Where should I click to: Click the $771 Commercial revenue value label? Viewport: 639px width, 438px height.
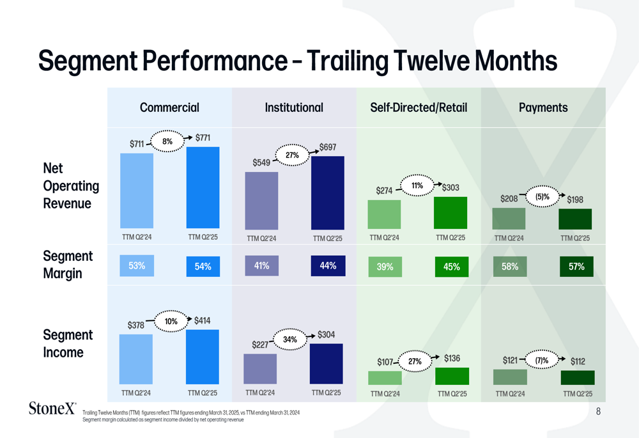[x=203, y=137]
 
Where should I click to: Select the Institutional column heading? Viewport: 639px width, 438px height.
[x=294, y=107]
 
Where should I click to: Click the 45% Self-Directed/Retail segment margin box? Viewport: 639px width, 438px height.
[x=451, y=267]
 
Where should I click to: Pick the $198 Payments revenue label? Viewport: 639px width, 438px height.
[x=575, y=199]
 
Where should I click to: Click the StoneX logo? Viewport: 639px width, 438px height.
[x=53, y=408]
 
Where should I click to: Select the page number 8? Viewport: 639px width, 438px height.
[x=598, y=412]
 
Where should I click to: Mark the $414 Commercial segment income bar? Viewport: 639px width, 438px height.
[x=203, y=357]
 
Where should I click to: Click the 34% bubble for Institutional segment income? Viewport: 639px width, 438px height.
[x=290, y=340]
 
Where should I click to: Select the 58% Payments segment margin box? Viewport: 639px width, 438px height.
[x=510, y=267]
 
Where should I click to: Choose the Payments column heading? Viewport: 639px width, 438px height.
[x=543, y=107]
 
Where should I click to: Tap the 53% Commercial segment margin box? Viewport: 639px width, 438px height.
[x=137, y=266]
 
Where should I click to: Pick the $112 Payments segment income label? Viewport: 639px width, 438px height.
[x=578, y=361]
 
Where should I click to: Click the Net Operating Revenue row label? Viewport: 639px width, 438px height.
[x=71, y=186]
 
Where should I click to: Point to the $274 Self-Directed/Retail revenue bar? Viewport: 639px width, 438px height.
[x=384, y=214]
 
